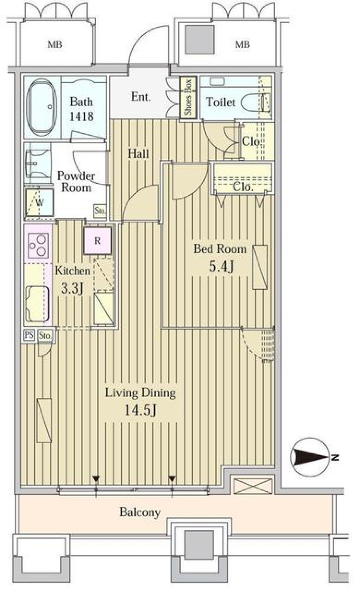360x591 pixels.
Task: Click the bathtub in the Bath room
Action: pos(42,107)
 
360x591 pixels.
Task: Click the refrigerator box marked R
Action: pos(97,240)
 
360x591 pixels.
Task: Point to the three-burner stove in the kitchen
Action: pos(38,245)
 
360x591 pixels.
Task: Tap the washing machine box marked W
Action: pos(39,203)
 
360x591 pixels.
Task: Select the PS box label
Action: pos(29,335)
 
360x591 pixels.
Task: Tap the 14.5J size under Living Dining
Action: pos(140,411)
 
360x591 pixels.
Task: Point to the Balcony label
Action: pos(140,512)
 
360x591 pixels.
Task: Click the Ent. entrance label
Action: pos(141,97)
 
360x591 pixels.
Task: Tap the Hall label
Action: pos(138,153)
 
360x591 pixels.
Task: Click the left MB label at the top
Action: pos(55,45)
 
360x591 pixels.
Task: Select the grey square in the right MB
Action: pos(200,40)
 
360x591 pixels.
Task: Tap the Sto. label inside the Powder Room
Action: pos(100,211)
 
